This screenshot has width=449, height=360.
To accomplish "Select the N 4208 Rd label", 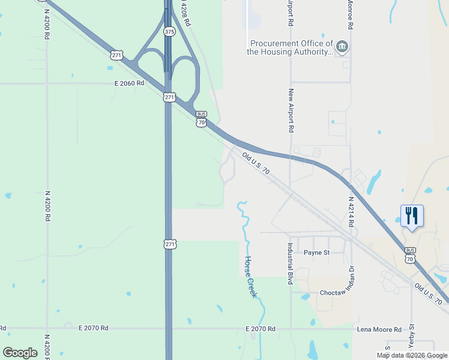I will click(185, 13).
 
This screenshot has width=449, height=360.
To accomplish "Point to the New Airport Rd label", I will click(291, 110).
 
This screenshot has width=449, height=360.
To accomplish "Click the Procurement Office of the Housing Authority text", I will click(291, 47).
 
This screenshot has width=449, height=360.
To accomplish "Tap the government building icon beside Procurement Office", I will click(342, 46).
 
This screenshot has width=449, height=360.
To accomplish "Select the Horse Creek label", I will click(251, 277).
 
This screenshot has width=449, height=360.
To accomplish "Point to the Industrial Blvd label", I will click(290, 263).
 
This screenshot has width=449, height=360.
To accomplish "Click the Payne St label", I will click(316, 253).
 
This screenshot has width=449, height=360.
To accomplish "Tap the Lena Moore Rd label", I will click(380, 329).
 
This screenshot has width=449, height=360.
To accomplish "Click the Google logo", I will click(20, 352).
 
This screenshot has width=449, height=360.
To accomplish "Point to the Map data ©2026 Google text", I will click(412, 355).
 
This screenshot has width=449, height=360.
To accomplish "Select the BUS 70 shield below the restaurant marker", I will click(411, 256).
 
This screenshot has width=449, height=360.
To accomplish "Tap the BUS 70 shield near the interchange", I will click(201, 119).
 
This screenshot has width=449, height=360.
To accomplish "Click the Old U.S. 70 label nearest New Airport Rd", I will click(257, 164).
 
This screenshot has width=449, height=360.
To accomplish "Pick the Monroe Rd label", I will click(349, 15).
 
